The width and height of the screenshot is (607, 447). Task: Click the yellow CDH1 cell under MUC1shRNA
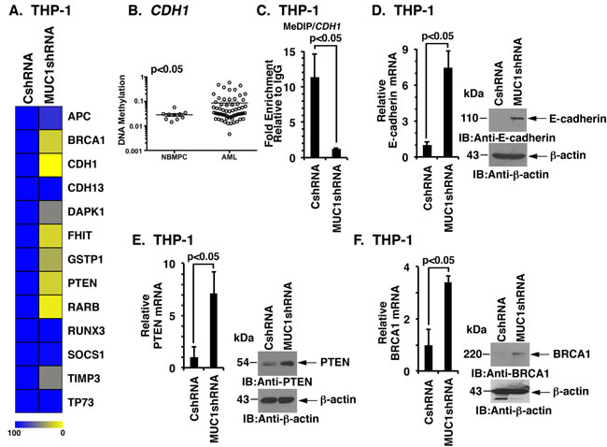50,165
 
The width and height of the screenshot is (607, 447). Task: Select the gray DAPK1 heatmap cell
50,212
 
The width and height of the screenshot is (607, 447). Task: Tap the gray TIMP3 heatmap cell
50,378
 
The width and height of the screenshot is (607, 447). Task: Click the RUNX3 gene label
86,331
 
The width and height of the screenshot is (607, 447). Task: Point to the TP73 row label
81,402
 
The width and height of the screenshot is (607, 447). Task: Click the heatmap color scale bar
38,425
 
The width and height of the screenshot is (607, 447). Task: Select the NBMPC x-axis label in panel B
175,157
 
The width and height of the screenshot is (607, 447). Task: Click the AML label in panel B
229,157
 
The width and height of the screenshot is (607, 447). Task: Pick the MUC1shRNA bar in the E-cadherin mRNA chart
448,113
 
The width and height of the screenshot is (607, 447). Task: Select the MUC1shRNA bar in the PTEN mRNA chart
214,331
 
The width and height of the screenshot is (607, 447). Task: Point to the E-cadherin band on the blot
517,118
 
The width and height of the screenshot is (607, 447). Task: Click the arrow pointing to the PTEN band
308,363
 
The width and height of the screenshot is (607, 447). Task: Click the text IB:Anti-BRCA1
510,374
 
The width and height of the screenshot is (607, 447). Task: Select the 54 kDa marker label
243,363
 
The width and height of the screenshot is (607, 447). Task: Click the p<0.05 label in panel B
167,69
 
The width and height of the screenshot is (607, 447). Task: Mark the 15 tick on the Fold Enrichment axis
289,52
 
